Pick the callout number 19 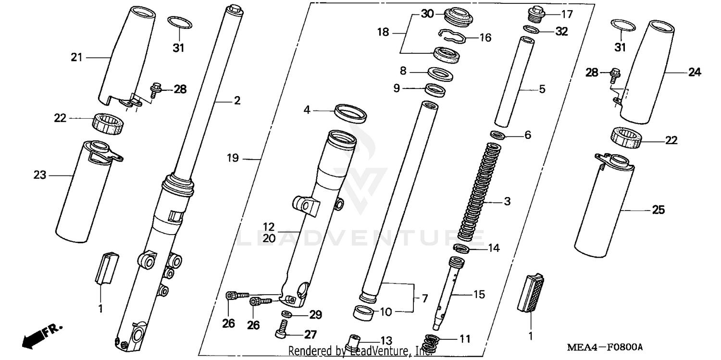click(x=233, y=158)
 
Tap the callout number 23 click(x=39, y=175)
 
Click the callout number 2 click(x=237, y=101)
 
